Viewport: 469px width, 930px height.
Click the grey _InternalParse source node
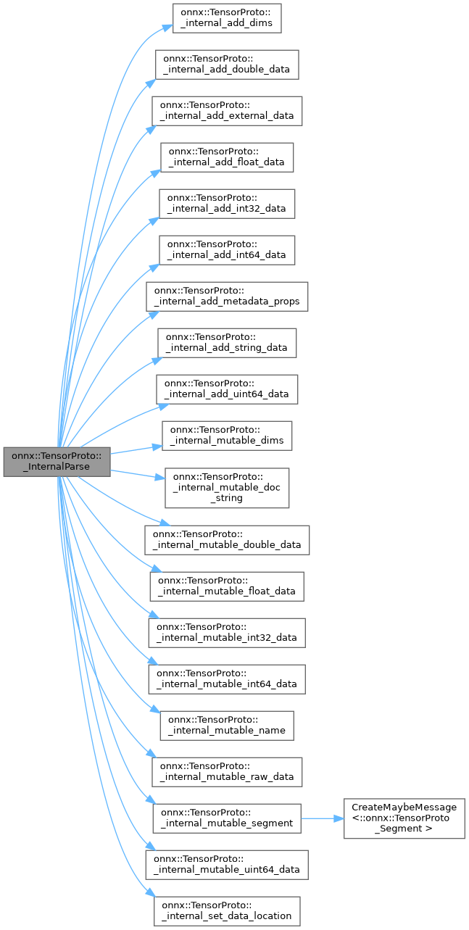click(57, 462)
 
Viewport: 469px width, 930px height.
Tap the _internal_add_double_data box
click(227, 65)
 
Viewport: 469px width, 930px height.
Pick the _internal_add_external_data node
click(227, 110)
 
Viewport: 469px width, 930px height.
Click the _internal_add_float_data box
click(227, 157)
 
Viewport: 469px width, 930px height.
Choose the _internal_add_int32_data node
click(227, 203)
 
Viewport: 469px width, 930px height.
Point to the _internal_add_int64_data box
click(227, 249)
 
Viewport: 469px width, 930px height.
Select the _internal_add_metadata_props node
click(228, 296)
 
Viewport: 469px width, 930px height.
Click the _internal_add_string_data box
click(227, 342)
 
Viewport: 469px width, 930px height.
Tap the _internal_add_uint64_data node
click(227, 389)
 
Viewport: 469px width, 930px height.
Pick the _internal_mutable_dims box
click(227, 435)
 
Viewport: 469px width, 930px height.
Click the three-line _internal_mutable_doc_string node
click(227, 487)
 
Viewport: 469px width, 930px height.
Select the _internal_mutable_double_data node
click(228, 539)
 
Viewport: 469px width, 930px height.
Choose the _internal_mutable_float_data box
click(227, 586)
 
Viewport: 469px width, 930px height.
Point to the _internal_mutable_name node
click(227, 725)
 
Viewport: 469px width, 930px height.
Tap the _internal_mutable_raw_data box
click(227, 771)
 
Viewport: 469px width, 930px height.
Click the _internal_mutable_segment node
click(227, 818)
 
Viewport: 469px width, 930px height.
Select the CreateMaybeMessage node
click(404, 818)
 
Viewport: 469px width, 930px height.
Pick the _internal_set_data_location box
click(227, 910)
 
